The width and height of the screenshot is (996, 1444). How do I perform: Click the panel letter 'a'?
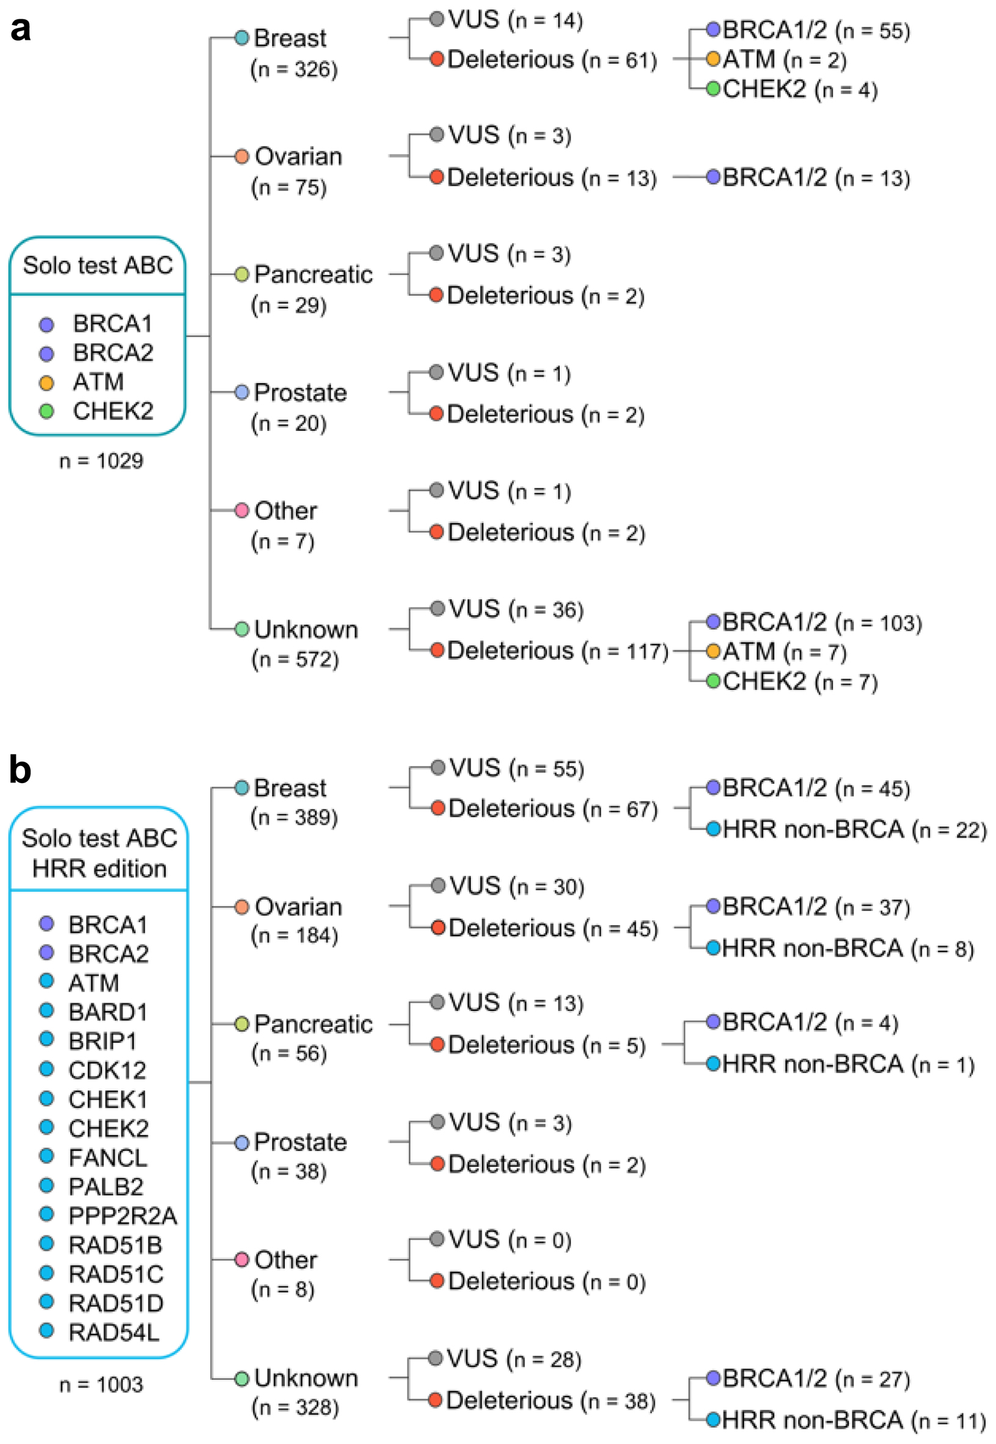(x=20, y=29)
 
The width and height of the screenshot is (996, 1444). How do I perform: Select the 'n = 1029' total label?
(x=101, y=461)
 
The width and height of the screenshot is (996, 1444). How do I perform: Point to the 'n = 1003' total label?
(x=101, y=1385)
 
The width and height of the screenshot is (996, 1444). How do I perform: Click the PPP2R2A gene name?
(x=122, y=1215)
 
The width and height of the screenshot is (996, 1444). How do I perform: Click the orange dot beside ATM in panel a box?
(x=46, y=383)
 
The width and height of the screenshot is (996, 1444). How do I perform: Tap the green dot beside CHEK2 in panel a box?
(x=46, y=411)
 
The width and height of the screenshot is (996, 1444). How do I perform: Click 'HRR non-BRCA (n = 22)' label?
(x=854, y=830)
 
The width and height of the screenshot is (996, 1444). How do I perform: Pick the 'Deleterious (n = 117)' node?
(x=557, y=650)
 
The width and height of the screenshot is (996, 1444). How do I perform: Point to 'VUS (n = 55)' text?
(x=516, y=768)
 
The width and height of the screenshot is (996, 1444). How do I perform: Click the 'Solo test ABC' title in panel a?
(x=97, y=265)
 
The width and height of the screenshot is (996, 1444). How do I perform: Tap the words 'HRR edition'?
(x=99, y=868)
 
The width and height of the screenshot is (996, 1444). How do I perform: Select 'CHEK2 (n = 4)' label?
(x=800, y=89)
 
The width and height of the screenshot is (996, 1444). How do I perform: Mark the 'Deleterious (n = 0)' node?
(x=546, y=1281)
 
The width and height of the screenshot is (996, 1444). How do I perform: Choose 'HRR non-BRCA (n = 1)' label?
(x=848, y=1064)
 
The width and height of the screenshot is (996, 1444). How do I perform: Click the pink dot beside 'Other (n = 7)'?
(x=241, y=510)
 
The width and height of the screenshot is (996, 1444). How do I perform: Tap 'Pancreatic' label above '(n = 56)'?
(x=313, y=1024)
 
